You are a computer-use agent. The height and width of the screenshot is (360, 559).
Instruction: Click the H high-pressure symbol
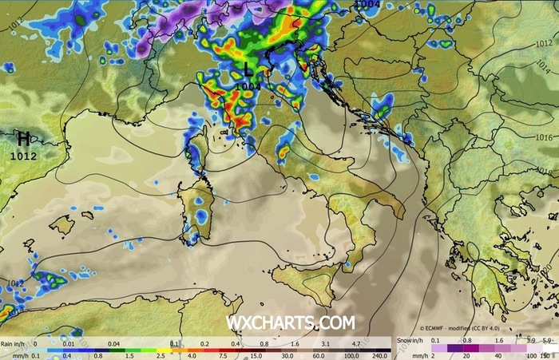[x=24, y=140]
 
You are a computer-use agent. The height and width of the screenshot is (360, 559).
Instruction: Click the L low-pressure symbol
[x=248, y=71]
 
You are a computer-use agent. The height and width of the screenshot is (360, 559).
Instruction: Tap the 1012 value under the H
[x=23, y=156]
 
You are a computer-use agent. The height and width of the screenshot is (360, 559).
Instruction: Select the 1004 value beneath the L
[x=248, y=85]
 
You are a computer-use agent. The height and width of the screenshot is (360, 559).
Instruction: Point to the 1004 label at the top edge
[x=367, y=5]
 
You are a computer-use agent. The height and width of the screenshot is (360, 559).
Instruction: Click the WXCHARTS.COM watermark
[x=290, y=323]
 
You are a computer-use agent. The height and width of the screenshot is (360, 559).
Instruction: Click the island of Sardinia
[x=195, y=208]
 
